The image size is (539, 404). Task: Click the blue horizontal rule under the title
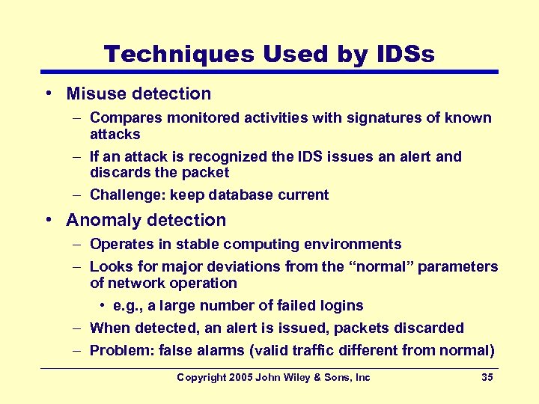click(x=269, y=72)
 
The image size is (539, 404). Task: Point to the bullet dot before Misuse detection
click(x=47, y=94)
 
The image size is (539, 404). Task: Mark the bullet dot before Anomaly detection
click(x=47, y=220)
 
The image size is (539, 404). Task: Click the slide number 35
click(x=487, y=378)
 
